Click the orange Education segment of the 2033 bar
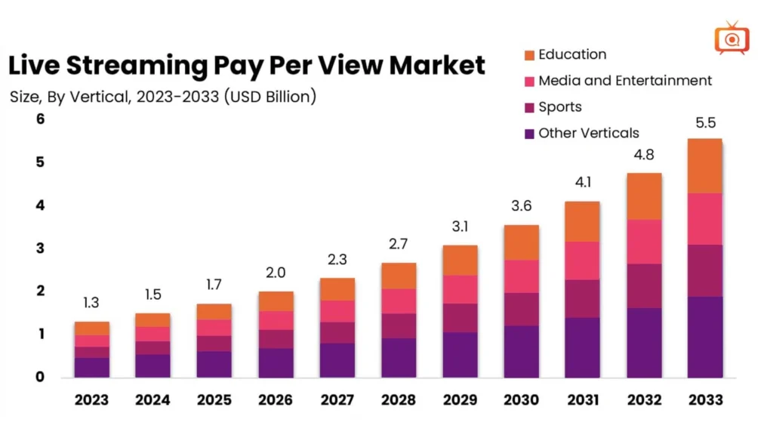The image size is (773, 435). (x=704, y=166)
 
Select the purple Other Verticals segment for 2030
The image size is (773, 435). (x=520, y=351)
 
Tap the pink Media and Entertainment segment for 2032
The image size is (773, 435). (x=642, y=242)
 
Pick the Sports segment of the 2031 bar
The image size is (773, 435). (x=581, y=298)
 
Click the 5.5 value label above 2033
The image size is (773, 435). (x=705, y=123)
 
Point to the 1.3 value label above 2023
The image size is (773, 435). (x=91, y=304)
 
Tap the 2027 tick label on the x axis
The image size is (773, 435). (x=336, y=400)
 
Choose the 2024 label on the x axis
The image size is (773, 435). (x=152, y=400)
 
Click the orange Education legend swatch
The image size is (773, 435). (x=529, y=55)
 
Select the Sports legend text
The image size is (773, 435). (x=559, y=107)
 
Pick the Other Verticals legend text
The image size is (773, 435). (x=588, y=134)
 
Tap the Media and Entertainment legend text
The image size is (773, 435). (x=625, y=81)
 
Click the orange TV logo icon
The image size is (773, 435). (x=731, y=38)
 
